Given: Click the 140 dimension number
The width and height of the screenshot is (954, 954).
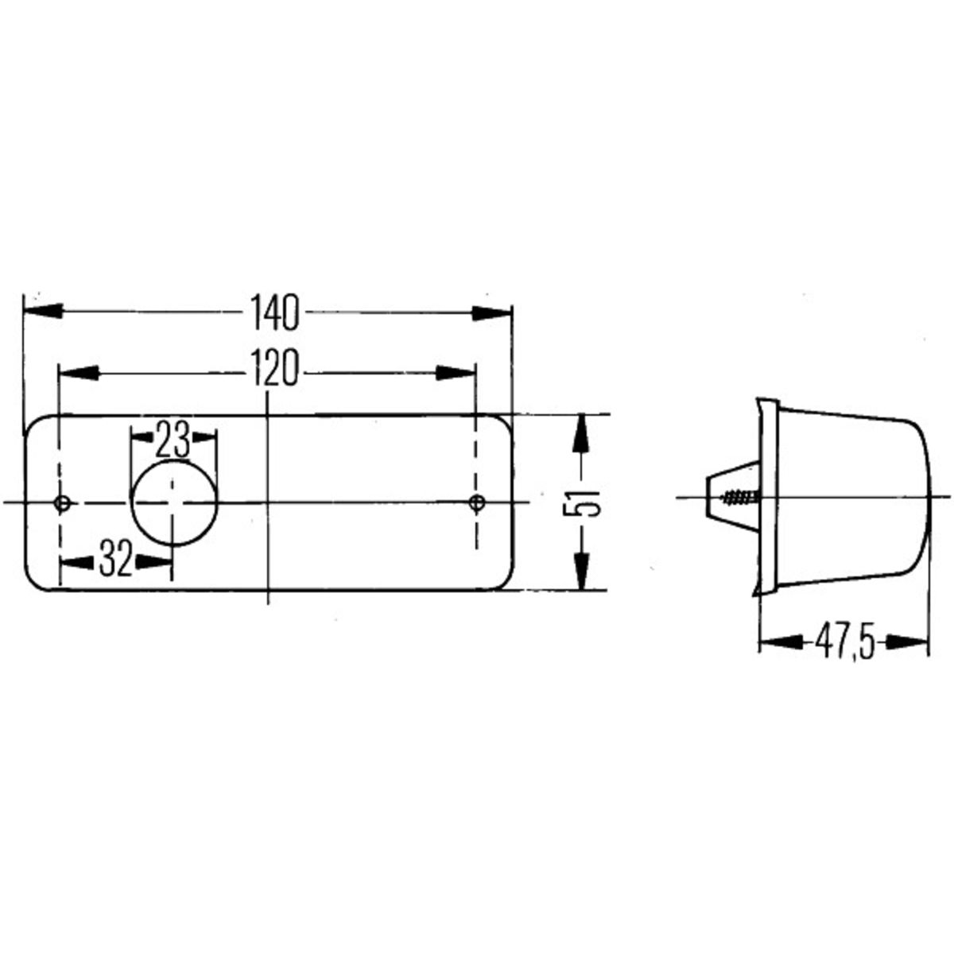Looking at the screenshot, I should point(275,312).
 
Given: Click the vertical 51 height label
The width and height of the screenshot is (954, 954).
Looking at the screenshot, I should point(582,502).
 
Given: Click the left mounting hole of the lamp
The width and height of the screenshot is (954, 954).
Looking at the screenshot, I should point(61,502).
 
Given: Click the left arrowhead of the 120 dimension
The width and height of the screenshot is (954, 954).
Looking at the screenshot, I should point(78,371).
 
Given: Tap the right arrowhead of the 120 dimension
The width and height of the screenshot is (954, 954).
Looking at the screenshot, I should point(455,371).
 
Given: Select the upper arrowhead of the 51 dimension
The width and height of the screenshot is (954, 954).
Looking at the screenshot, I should point(582,433).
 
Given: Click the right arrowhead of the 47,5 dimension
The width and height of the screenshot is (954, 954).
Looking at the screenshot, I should point(909,642).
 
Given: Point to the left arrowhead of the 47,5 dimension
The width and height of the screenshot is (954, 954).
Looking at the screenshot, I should point(779,642).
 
